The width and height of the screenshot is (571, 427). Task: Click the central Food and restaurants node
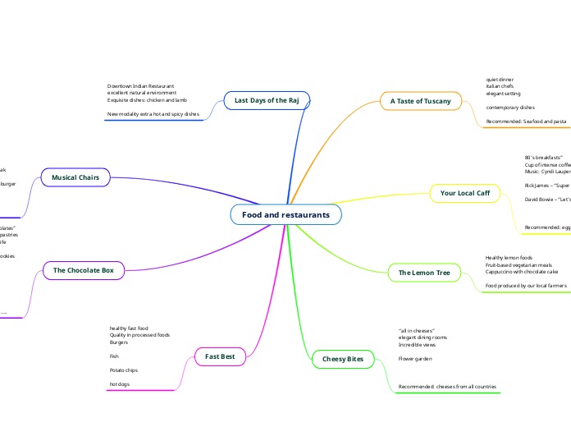click(x=285, y=214)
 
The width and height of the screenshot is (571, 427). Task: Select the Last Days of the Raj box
click(x=266, y=100)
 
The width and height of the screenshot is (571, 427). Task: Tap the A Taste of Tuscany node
click(x=420, y=101)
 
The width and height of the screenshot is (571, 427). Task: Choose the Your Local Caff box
click(x=464, y=193)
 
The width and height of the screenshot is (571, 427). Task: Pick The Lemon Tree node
click(x=423, y=272)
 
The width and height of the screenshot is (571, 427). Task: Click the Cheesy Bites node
click(x=342, y=359)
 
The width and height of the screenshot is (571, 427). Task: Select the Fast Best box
click(x=219, y=356)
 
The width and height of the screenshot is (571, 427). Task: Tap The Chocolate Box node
click(x=83, y=269)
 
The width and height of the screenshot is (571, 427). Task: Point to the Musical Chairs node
click(x=75, y=177)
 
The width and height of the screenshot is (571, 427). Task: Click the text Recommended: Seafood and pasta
click(x=526, y=122)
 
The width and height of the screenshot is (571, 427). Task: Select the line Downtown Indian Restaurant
click(x=140, y=85)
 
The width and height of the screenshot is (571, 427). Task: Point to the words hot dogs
click(x=120, y=383)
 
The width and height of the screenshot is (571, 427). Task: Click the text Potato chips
click(x=123, y=370)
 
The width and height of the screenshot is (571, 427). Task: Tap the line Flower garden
click(x=415, y=359)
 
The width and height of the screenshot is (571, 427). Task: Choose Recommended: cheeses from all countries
click(x=446, y=386)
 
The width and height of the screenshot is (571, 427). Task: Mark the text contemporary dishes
click(x=510, y=108)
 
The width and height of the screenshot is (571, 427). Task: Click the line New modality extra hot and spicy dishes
click(x=153, y=114)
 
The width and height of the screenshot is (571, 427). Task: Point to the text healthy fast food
click(x=129, y=328)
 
